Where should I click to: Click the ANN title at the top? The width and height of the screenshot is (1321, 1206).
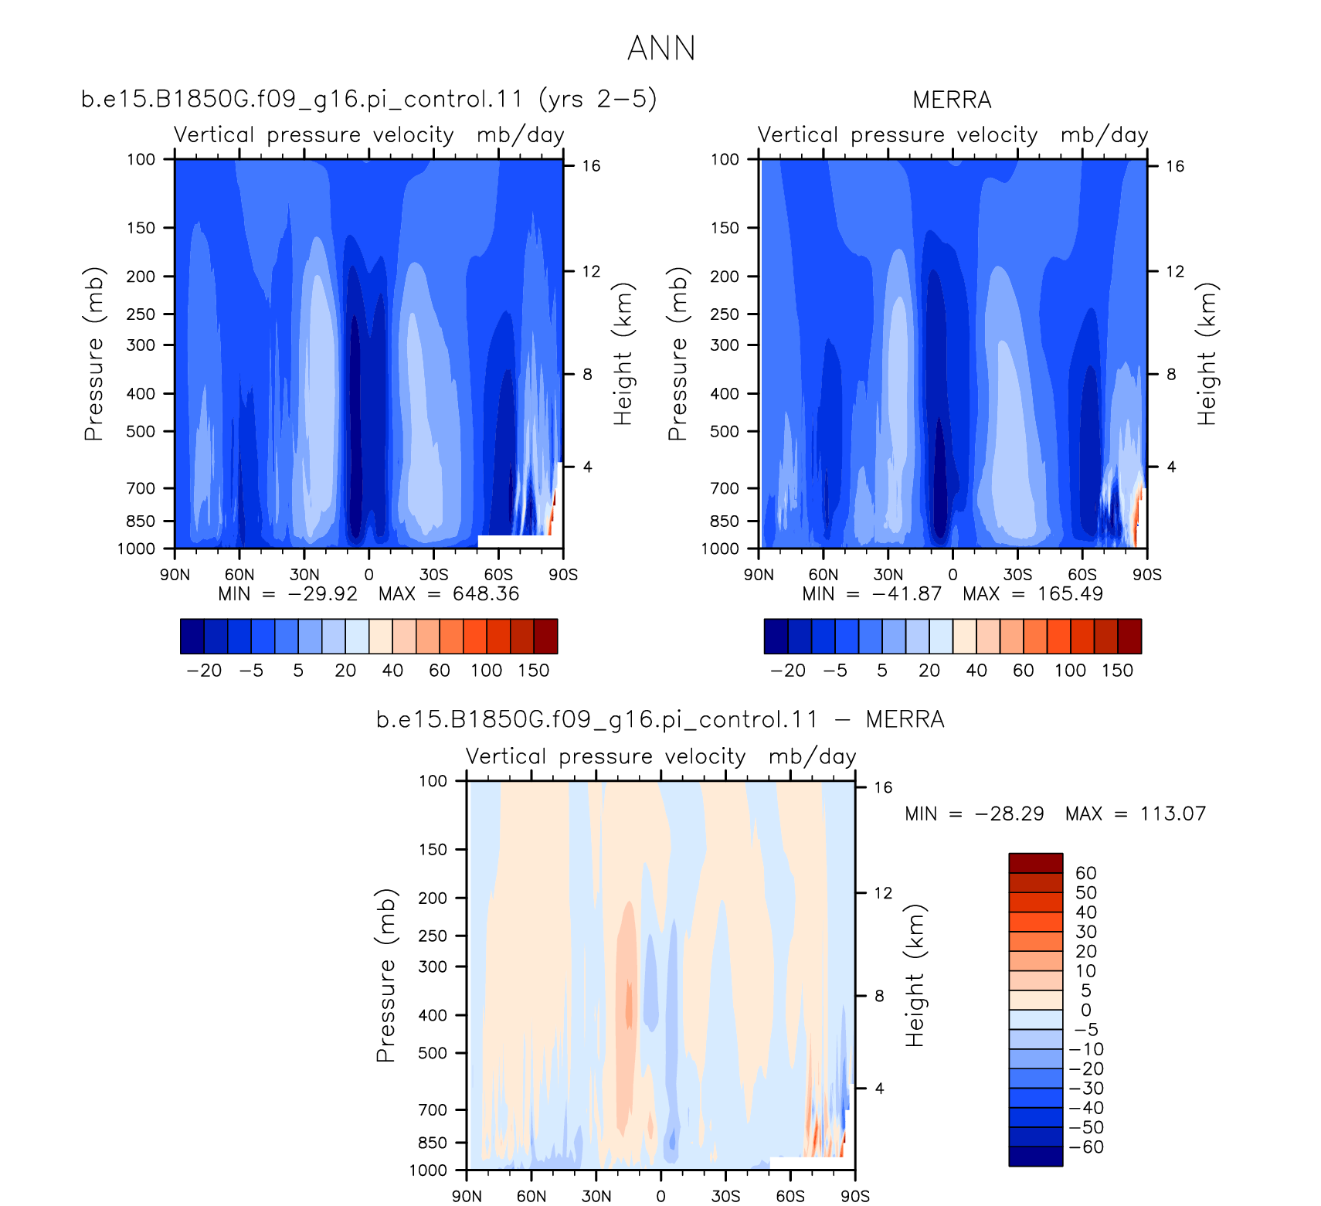click(x=661, y=48)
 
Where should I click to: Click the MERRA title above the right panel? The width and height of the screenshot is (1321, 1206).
click(x=952, y=100)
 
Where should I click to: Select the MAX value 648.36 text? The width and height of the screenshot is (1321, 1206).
click(x=486, y=594)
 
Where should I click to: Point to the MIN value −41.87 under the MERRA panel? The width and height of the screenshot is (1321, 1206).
click(x=907, y=594)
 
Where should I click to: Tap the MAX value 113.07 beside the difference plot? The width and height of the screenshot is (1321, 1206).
click(x=1173, y=814)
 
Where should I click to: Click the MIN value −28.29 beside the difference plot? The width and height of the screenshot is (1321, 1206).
click(x=1009, y=814)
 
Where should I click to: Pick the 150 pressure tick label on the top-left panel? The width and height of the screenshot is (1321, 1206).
click(x=141, y=228)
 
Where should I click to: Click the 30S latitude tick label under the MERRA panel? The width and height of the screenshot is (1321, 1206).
click(x=1017, y=575)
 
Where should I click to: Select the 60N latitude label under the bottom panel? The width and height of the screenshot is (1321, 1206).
click(x=531, y=1196)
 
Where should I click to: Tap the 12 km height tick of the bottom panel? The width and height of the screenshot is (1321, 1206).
click(x=883, y=893)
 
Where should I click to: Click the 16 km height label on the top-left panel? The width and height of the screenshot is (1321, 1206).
click(x=591, y=166)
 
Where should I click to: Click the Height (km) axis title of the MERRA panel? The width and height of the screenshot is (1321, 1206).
click(x=1207, y=354)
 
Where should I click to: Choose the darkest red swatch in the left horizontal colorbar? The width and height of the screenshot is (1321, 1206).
click(x=545, y=637)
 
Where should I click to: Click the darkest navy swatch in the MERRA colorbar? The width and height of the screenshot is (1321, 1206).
click(x=776, y=637)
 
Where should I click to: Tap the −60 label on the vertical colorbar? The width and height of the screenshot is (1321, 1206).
click(x=1086, y=1147)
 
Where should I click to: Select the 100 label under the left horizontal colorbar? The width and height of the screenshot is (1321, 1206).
click(x=487, y=671)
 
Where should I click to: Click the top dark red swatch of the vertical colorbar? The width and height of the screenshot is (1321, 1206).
click(x=1036, y=863)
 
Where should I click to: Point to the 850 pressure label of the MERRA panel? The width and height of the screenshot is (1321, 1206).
click(x=725, y=521)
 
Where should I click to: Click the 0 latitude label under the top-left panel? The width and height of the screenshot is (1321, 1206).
click(x=368, y=575)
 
